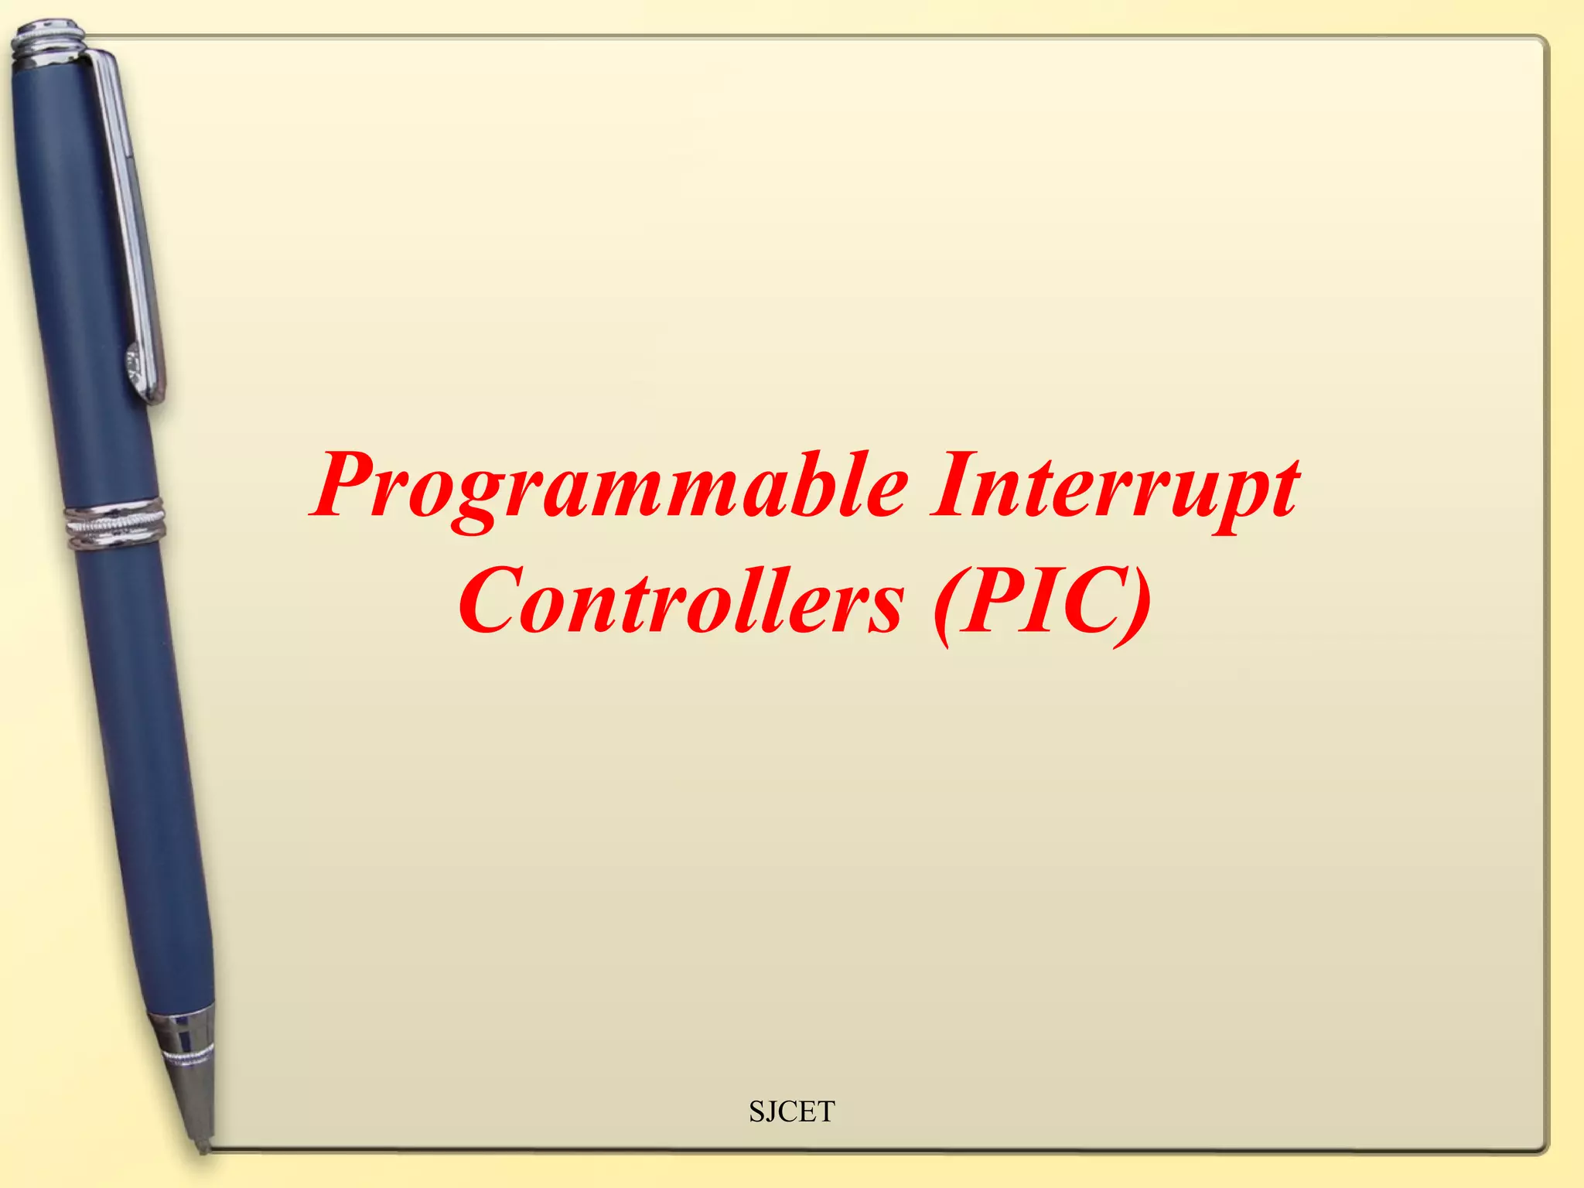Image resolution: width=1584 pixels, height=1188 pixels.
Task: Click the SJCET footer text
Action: [791, 1111]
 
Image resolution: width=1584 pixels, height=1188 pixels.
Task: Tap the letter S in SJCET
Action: [756, 1111]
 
